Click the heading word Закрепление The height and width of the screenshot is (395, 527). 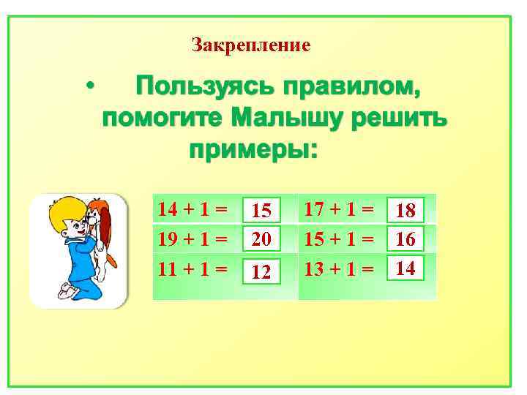[x=251, y=45]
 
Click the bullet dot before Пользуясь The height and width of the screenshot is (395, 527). [x=89, y=88]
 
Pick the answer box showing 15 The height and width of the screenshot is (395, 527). [x=261, y=211]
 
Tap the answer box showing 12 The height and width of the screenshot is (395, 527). [x=261, y=272]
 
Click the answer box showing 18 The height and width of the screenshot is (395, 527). [x=405, y=211]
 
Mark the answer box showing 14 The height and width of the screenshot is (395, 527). [x=405, y=268]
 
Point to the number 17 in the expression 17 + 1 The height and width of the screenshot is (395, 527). [x=315, y=209]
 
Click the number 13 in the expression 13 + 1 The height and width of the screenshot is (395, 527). [x=315, y=268]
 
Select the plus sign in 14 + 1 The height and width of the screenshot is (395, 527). [x=188, y=210]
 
